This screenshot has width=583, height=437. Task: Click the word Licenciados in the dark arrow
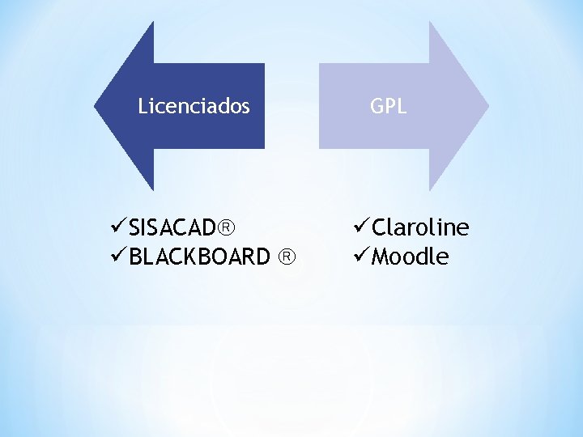click(x=194, y=106)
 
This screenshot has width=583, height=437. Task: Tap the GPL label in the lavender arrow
click(x=388, y=106)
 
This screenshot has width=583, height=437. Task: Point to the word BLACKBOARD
click(x=199, y=257)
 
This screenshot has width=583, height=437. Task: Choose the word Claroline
click(x=420, y=227)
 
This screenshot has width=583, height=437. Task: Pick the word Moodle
click(x=410, y=257)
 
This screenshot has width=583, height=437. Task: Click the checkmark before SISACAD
click(x=119, y=226)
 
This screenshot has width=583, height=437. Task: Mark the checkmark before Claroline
click(x=361, y=227)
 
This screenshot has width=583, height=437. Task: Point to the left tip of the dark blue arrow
click(x=96, y=106)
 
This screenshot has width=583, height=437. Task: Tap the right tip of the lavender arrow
click(x=487, y=106)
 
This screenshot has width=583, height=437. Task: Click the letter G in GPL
click(x=377, y=106)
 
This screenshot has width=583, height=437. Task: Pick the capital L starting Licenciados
click(x=143, y=106)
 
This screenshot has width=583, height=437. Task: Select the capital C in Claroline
click(x=378, y=227)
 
